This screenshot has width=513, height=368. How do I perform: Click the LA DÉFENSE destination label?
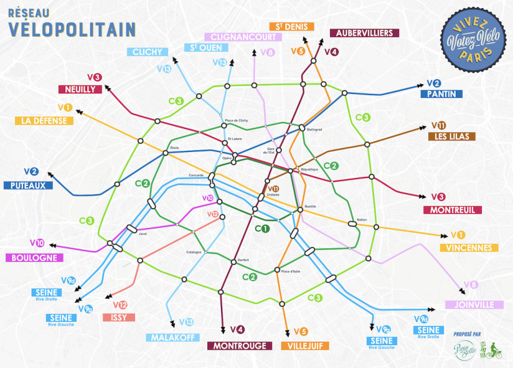44,121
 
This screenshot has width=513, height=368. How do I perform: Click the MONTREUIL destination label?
453,210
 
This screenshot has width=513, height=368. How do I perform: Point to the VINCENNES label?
469,247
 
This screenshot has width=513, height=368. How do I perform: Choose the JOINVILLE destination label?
474,305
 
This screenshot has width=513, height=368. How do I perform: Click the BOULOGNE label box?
33,258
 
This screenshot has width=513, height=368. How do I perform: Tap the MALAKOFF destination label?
172,337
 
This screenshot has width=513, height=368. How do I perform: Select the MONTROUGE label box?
240,346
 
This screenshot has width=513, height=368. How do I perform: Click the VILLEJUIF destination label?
304,346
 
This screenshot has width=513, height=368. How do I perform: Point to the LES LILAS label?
451,136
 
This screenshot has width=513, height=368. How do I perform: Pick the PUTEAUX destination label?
27,185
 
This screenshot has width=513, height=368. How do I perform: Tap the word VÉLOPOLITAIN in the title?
72,28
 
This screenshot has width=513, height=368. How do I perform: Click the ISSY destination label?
118,317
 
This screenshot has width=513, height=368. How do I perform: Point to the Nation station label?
362,219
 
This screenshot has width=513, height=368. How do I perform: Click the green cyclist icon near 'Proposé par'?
493,350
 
